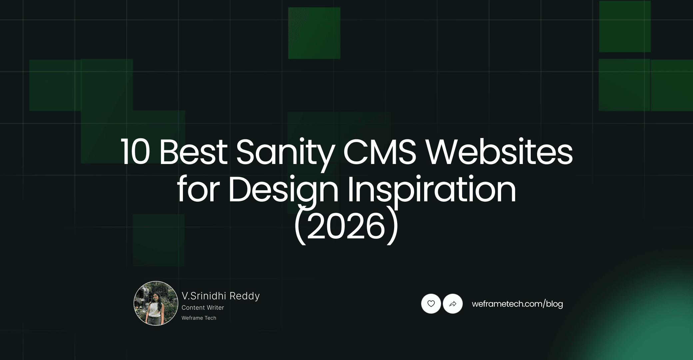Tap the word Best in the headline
pyautogui.click(x=193, y=152)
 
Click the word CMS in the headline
pyautogui.click(x=379, y=152)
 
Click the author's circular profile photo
pyautogui.click(x=156, y=303)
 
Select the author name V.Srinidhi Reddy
pyautogui.click(x=221, y=296)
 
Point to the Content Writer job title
pyautogui.click(x=203, y=308)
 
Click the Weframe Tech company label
pyautogui.click(x=199, y=318)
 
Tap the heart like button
pyautogui.click(x=431, y=304)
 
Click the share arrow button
pyautogui.click(x=453, y=304)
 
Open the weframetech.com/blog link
pyautogui.click(x=517, y=304)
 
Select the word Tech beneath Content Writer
pyautogui.click(x=210, y=318)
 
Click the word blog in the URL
pyautogui.click(x=554, y=304)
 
